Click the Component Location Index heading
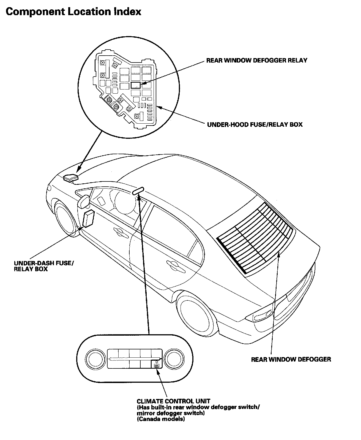(73, 12)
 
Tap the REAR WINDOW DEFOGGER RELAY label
(256, 60)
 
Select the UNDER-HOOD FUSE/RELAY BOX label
(255, 124)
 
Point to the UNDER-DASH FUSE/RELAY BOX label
(44, 266)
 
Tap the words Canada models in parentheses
(161, 419)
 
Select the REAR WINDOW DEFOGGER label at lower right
(291, 359)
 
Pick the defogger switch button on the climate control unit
(156, 365)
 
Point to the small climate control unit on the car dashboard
(138, 191)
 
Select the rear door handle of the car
(172, 264)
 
